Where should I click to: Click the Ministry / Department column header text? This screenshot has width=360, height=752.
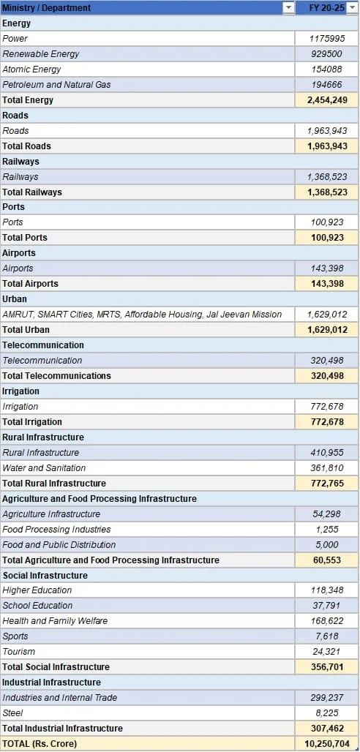47,7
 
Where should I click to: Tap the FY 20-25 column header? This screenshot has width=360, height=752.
326,7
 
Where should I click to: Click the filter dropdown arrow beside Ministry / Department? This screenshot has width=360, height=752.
288,7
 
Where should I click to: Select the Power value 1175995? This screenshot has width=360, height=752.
326,38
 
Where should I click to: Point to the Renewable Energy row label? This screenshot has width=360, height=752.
41,53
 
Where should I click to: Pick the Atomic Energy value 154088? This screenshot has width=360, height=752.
326,69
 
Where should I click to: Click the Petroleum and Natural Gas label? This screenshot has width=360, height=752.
56,84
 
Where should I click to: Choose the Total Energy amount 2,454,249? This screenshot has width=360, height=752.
326,99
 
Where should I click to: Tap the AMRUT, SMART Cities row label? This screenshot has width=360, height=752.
142,315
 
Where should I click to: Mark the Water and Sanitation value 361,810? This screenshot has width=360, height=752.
326,468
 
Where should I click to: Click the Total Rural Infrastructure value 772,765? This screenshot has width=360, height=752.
326,484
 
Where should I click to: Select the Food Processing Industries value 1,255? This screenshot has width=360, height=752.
327,530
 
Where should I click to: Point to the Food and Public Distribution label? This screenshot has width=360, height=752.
59,545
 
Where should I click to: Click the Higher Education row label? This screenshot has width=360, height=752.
37,590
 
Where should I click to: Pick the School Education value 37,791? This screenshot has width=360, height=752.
327,605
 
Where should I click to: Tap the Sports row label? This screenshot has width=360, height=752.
15,636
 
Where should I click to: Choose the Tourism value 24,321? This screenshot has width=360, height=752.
327,651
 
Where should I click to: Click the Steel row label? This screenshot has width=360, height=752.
12,712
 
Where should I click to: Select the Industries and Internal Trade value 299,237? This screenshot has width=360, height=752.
326,697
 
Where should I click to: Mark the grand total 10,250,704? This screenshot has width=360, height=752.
326,744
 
